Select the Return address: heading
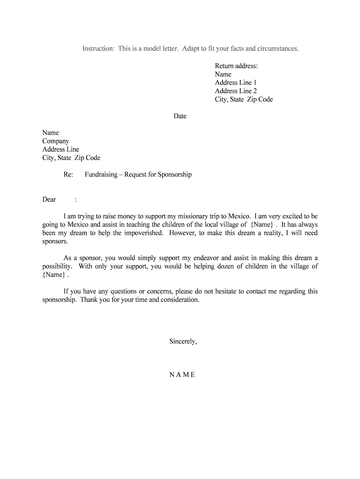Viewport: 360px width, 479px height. tap(236, 66)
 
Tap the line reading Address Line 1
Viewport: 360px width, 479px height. tap(236, 83)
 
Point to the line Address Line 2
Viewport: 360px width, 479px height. tap(236, 91)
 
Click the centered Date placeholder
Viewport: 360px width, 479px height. tap(180, 116)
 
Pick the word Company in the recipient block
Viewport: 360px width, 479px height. tap(56, 141)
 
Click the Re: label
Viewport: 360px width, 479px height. tap(68, 175)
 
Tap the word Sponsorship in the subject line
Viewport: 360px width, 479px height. tap(174, 175)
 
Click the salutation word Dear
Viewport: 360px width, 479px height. tap(49, 200)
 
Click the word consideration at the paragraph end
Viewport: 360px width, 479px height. tap(179, 300)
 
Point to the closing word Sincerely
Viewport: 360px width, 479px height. tap(183, 341)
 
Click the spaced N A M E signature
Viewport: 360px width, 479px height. tap(182, 375)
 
